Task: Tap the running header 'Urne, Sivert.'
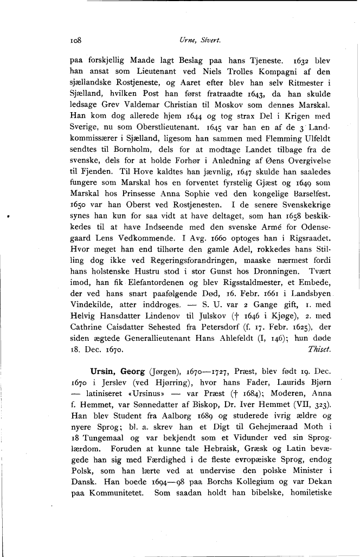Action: [x=195, y=40]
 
